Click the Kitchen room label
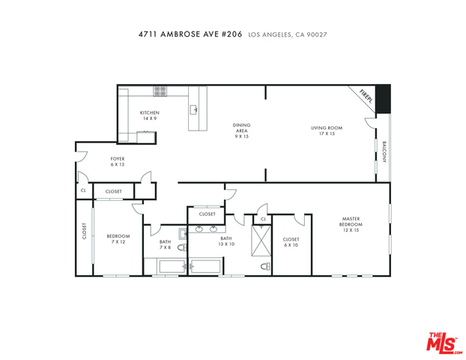(x=150, y=115)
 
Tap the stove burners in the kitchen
(x=160, y=91)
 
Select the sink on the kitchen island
(x=194, y=109)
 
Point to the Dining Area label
(x=241, y=130)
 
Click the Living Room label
(x=327, y=130)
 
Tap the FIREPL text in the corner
(x=366, y=97)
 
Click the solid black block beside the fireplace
(x=383, y=99)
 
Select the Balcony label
(x=384, y=151)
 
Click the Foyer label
(x=118, y=161)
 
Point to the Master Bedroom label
(x=351, y=224)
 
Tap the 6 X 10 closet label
(x=291, y=242)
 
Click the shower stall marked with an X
(x=261, y=241)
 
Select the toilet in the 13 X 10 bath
(x=266, y=266)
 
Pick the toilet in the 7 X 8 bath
(x=182, y=247)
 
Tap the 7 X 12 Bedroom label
(x=118, y=239)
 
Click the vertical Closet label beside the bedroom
(x=85, y=231)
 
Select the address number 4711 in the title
(x=148, y=34)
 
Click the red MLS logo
(x=443, y=343)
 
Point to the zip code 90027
(x=317, y=34)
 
